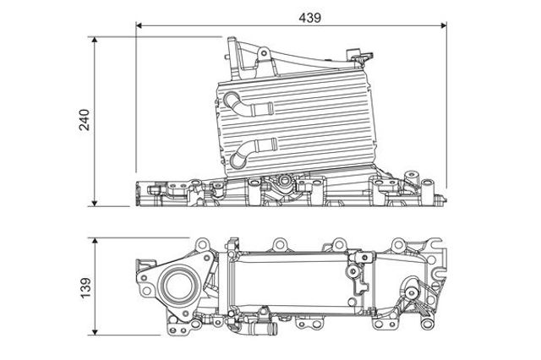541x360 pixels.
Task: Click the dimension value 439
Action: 309,18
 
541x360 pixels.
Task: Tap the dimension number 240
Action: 85,120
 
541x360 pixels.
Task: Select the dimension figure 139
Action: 85,288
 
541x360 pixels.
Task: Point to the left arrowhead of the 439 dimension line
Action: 139,25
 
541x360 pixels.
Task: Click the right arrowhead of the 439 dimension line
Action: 444,25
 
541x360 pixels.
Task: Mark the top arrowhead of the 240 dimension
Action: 95,40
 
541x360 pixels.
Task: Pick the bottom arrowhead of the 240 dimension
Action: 95,204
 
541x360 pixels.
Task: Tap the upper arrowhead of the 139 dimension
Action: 95,241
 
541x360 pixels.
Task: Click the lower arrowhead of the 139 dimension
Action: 95,332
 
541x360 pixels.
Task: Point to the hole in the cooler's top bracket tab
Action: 264,53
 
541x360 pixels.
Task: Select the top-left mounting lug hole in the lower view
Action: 201,245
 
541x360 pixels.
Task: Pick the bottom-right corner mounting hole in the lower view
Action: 427,324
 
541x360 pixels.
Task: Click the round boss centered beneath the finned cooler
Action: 284,180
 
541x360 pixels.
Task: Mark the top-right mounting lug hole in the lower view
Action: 398,245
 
